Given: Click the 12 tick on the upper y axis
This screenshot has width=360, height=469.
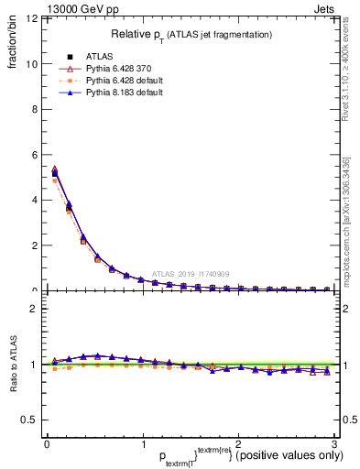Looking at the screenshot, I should [x=31, y=19].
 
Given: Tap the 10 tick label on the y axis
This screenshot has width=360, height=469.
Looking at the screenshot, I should [x=31, y=64].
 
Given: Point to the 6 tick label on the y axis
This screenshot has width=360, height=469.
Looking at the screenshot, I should [x=34, y=155].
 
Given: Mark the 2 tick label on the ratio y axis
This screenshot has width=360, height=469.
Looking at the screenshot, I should [x=34, y=309].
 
